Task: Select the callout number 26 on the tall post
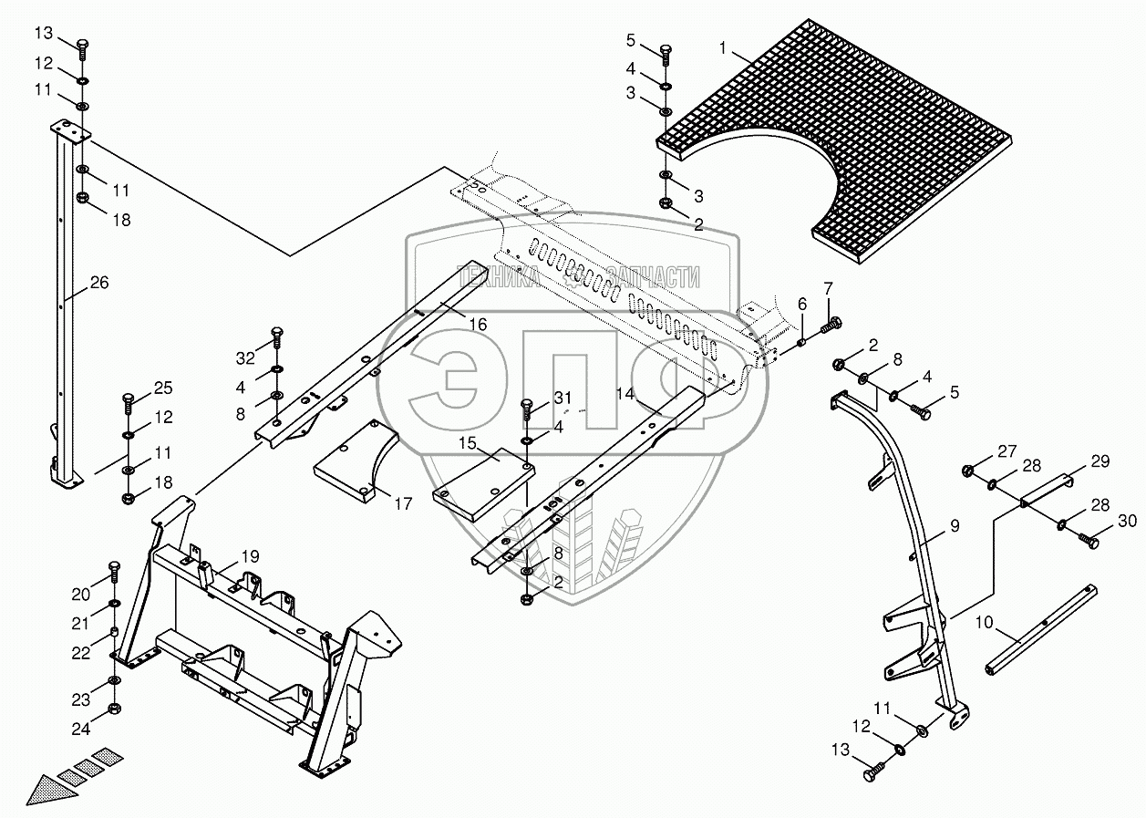[x=98, y=283]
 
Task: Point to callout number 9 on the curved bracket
[x=954, y=526]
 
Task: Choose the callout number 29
[x=1100, y=461]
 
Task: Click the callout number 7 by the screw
[x=828, y=289]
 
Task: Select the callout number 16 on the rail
[x=478, y=325]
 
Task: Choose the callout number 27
[x=1006, y=450]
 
